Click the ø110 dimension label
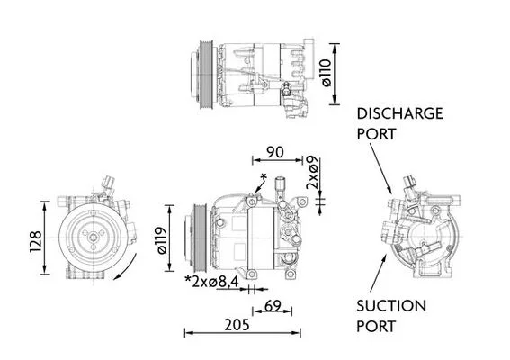[327, 73]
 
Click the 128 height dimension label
[36, 241]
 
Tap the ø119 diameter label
[162, 240]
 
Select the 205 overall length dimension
[237, 325]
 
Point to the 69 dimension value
[273, 306]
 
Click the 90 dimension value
[275, 152]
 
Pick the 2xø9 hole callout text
[312, 173]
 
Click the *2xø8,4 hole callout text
[211, 282]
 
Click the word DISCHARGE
[399, 113]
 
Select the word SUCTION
[391, 306]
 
